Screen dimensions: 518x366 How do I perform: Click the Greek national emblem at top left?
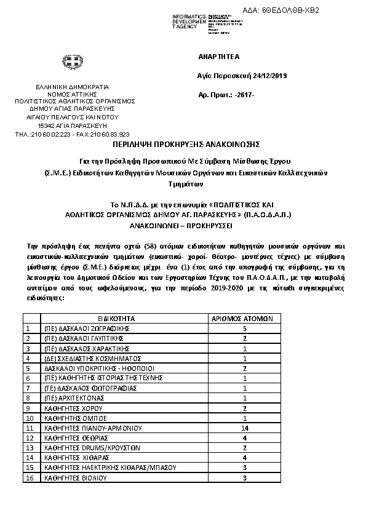point(68,63)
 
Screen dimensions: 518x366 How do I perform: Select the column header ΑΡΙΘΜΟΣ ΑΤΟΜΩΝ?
point(245,319)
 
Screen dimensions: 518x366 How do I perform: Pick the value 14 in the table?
point(244,427)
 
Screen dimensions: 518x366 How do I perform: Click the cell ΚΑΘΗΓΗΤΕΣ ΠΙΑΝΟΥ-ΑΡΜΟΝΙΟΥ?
point(92,427)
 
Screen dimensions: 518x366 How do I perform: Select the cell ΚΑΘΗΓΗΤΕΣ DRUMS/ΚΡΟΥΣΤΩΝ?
point(92,447)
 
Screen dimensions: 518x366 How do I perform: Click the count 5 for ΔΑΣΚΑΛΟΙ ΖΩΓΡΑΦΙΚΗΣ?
point(244,329)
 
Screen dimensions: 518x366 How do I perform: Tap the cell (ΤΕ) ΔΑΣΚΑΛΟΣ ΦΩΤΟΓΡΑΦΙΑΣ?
point(89,388)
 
